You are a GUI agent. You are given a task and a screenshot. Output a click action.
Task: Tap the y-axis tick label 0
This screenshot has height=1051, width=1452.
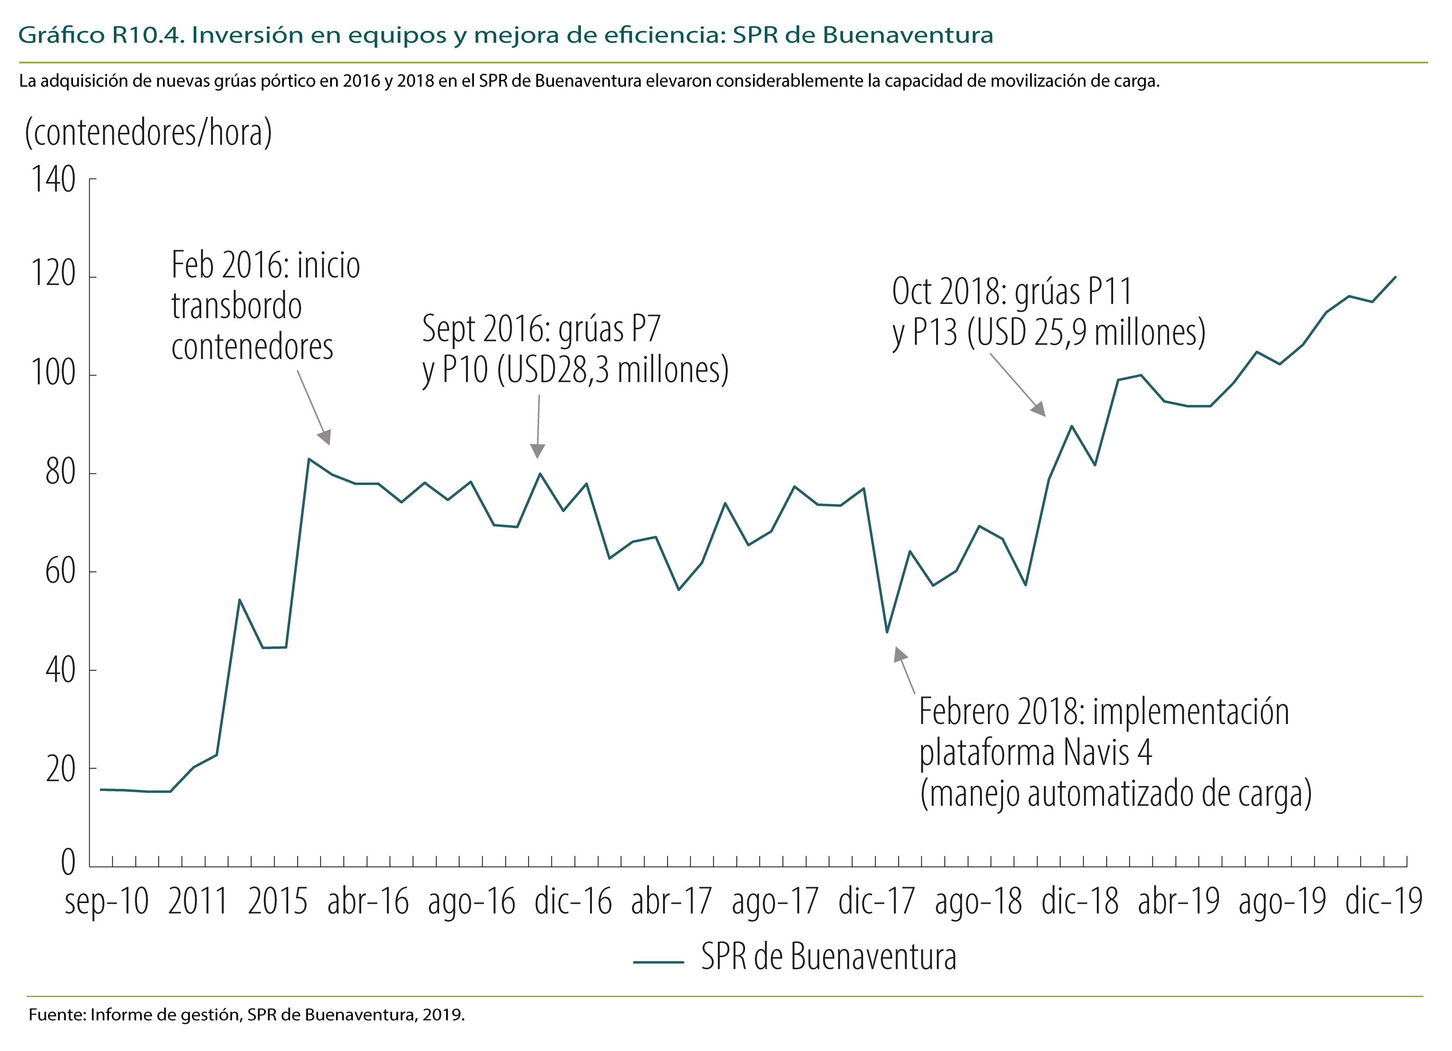point(68,862)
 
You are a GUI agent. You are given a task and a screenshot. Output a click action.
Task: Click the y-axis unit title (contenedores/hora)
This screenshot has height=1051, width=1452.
point(148,132)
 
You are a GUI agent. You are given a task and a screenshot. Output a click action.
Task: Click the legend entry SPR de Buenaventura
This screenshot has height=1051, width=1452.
point(828,957)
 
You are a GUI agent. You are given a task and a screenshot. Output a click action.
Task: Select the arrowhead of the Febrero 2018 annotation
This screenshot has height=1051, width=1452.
point(899,654)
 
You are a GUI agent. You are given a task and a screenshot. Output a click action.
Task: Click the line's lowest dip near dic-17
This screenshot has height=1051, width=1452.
point(887,632)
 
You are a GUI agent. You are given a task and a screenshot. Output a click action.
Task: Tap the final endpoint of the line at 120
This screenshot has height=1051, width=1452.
point(1396,277)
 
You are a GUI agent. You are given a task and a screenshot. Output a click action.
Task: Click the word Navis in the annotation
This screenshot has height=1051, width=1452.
point(1096,752)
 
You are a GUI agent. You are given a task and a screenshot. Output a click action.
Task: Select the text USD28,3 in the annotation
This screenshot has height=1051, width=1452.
point(554,370)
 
